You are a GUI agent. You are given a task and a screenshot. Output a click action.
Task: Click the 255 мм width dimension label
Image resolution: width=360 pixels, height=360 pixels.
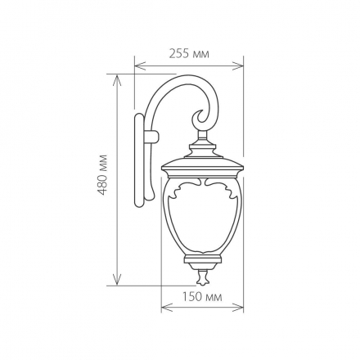point(189,53)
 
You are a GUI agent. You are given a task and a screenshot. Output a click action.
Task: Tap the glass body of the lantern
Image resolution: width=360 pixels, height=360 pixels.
point(202,221)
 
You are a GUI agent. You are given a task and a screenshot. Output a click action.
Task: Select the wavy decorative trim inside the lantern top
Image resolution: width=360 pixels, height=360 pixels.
point(202,187)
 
